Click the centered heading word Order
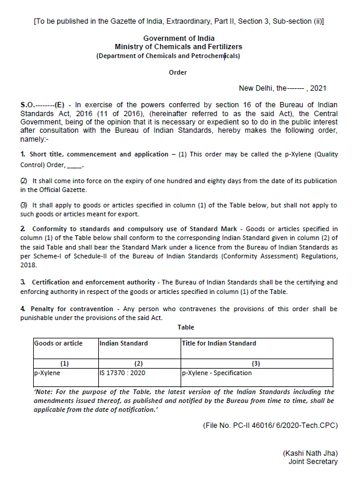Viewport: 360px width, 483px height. click(178, 72)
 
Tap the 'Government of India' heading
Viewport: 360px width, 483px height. click(178, 39)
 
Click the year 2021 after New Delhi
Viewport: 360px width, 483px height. click(318, 88)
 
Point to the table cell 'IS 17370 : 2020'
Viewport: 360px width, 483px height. click(123, 373)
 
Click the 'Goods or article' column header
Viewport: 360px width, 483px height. click(59, 343)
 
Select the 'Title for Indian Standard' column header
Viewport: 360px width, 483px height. click(219, 343)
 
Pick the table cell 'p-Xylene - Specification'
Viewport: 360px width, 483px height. click(217, 373)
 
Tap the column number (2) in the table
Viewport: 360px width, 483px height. click(139, 363)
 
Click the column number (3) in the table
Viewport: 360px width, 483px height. click(256, 363)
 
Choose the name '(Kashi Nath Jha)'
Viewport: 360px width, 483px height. click(310, 453)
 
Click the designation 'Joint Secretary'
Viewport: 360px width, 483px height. click(313, 462)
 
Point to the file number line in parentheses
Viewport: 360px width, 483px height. click(270, 425)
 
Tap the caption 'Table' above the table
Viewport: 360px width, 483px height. click(185, 327)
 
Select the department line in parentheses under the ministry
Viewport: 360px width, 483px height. click(168, 56)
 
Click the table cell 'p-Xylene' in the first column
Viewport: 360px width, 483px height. click(47, 373)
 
